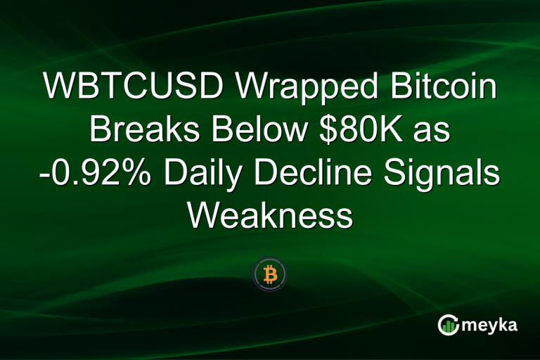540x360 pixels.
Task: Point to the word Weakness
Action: [x=270, y=215]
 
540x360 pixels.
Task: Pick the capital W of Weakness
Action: [x=202, y=215]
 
